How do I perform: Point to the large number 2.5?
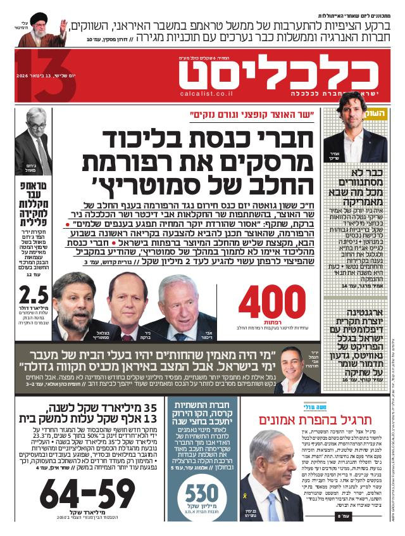(32, 296)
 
